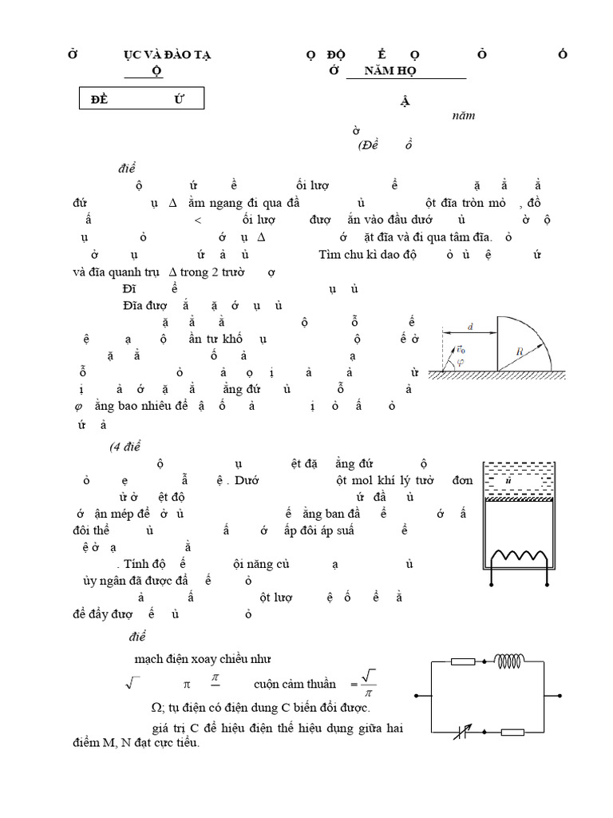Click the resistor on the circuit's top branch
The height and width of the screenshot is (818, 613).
464,661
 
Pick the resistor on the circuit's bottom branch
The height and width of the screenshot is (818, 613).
511,731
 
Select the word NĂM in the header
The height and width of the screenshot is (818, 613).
378,71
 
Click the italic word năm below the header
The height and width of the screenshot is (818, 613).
463,115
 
